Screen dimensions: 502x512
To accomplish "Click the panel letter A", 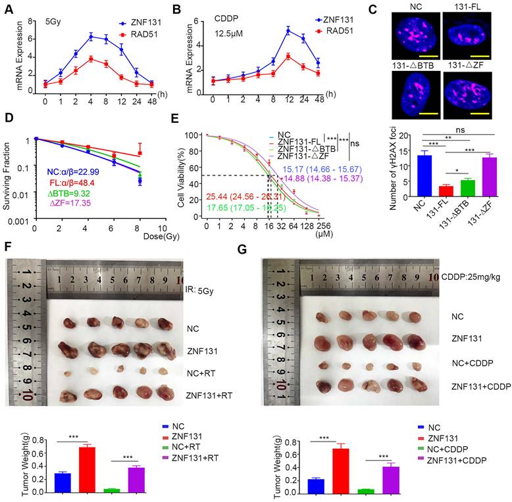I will [x=9, y=10].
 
